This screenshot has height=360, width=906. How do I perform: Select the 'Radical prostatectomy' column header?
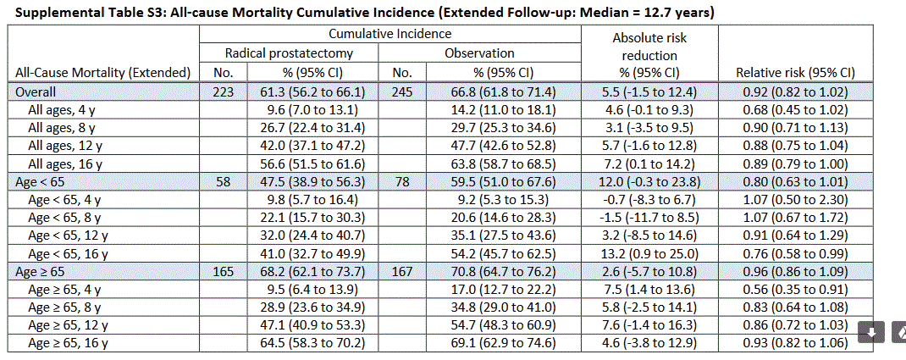pos(289,53)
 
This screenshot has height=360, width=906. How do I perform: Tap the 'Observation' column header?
pos(479,53)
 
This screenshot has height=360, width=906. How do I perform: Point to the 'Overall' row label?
pos(33,91)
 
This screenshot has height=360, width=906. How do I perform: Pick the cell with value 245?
pos(403,91)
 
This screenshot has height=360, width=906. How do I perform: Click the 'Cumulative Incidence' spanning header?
pos(389,35)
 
